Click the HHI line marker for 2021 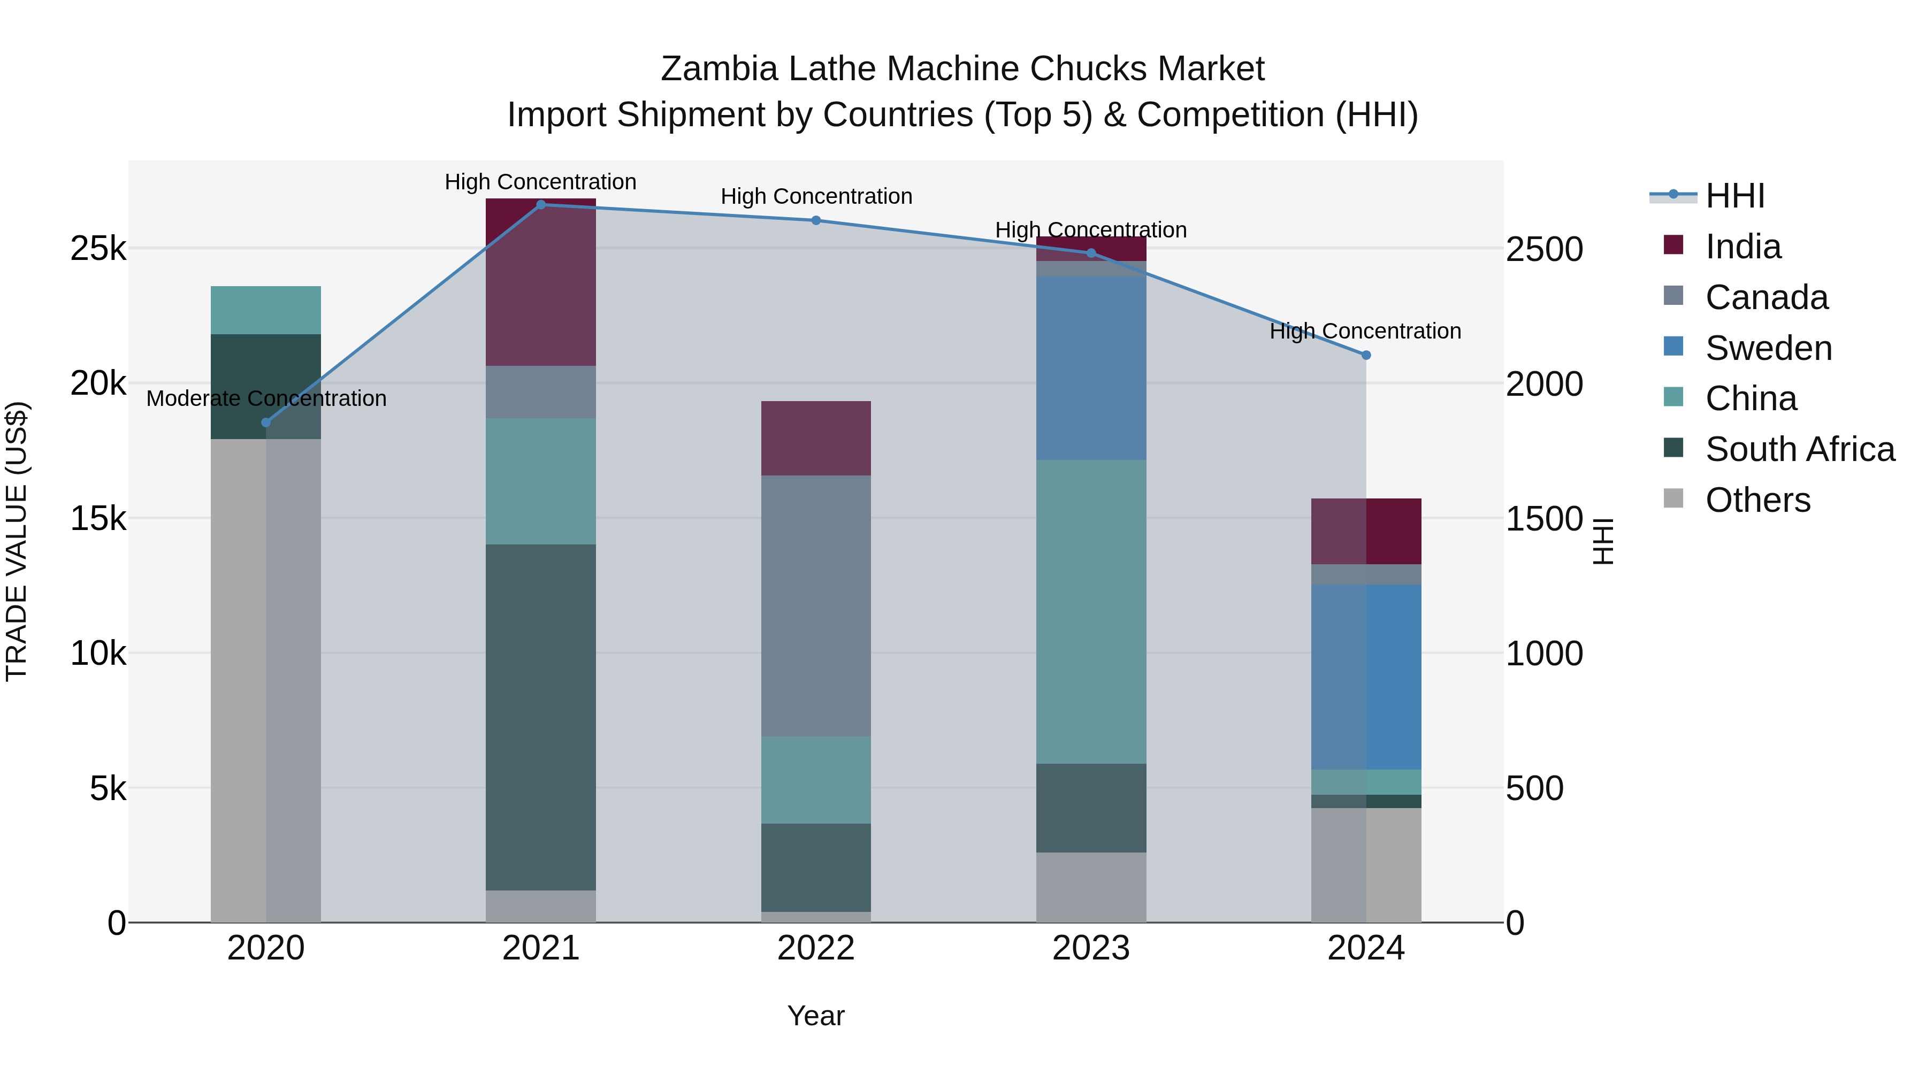click(x=540, y=205)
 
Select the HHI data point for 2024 click(x=1366, y=355)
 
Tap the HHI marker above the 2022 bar click(x=816, y=220)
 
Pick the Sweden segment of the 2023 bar click(x=1091, y=368)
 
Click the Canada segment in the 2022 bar click(x=816, y=605)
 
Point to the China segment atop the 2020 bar click(x=265, y=310)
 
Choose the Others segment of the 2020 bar click(x=265, y=680)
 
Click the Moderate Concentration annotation click(x=266, y=398)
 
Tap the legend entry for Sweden click(x=1768, y=348)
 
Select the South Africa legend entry click(x=1800, y=449)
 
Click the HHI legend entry click(x=1734, y=196)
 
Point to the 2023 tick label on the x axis click(x=1091, y=948)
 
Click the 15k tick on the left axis click(x=98, y=518)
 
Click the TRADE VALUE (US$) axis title click(x=17, y=541)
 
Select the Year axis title click(x=816, y=1016)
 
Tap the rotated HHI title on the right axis click(x=1603, y=541)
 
